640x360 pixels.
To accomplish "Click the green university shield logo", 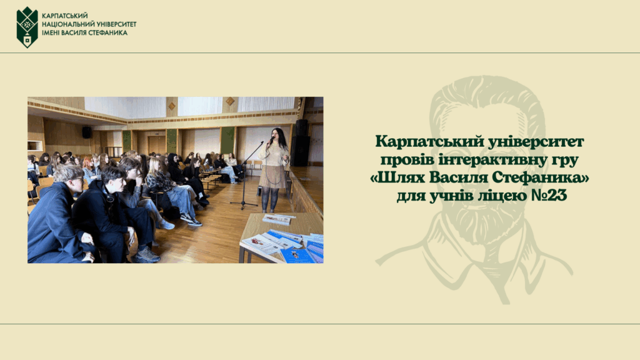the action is click(27, 27).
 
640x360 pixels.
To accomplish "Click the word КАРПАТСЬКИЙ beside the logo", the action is click(65, 16).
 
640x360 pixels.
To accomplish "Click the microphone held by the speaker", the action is click(271, 141).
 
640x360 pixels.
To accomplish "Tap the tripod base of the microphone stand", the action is click(244, 204).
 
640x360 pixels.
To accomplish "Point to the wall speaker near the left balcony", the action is click(87, 132).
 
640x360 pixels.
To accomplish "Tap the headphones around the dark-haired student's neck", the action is click(109, 197).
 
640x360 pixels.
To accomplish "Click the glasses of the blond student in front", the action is click(77, 179).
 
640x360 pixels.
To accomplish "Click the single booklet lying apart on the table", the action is click(278, 219).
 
